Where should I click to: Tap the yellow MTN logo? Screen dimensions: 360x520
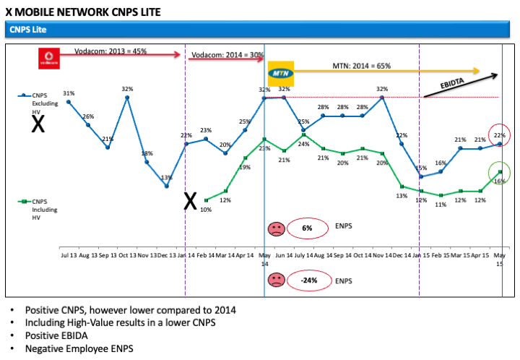coord(279,74)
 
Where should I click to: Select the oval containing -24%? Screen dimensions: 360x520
coord(308,280)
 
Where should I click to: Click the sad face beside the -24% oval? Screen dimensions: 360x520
coord(276,280)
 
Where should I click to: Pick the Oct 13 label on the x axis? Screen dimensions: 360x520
coord(127,254)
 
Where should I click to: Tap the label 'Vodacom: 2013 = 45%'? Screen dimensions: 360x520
coord(110,51)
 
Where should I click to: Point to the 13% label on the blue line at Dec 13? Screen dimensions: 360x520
coord(166,177)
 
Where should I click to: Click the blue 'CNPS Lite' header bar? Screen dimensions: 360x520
coord(260,30)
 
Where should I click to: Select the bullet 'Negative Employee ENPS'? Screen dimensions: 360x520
coord(79,348)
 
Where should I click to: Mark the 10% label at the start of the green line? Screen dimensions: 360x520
coord(206,210)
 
